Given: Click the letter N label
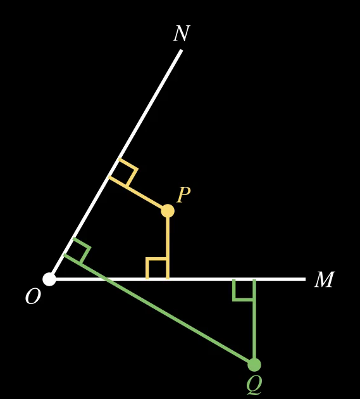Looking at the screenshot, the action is pos(182,34).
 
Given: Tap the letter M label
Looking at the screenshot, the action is pos(325,279).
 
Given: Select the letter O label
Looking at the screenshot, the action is pos(33,296).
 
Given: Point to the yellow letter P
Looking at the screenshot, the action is pos(183,194).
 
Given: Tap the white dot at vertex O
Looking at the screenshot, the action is pos(49,279).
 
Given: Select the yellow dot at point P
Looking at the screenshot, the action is pos(168,211).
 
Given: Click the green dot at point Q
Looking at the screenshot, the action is pos(254,365).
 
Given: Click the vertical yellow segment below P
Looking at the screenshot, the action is pos(168,246).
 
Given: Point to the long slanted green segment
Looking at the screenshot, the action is pos(159,309).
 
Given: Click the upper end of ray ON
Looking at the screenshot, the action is pos(182,50).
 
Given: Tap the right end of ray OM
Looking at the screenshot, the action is pos(305,279).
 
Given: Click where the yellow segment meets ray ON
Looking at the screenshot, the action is pos(110,177).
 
